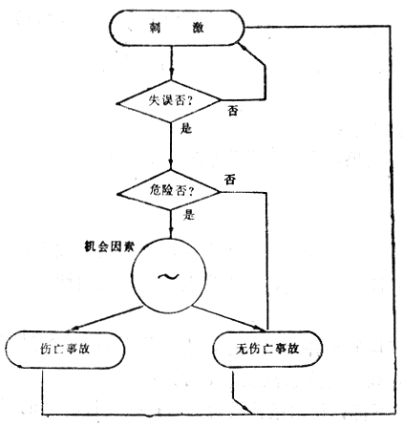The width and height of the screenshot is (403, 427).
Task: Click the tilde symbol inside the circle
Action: (x=168, y=276)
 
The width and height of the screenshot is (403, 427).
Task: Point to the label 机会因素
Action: (x=109, y=246)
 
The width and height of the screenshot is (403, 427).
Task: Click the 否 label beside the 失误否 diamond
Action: (x=233, y=111)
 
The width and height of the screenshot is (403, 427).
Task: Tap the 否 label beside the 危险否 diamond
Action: (x=230, y=180)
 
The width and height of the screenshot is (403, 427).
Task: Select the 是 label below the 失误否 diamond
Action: (x=186, y=129)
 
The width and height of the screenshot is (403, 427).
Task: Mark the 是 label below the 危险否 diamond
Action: (x=189, y=215)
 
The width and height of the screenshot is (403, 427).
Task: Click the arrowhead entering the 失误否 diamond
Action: (x=171, y=72)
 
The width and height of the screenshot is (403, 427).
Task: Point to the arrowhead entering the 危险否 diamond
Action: (x=171, y=164)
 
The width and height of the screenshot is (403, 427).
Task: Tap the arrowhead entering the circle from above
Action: (x=171, y=230)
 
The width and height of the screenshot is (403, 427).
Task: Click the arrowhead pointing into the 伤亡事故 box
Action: (x=74, y=328)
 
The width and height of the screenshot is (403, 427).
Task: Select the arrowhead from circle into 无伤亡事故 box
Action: (x=257, y=327)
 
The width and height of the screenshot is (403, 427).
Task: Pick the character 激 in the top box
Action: (x=198, y=28)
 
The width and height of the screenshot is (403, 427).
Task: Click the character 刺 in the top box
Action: (x=155, y=28)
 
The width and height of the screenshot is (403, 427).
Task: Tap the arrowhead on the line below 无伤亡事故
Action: (x=245, y=408)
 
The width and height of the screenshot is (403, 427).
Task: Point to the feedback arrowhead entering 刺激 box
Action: (x=244, y=48)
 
